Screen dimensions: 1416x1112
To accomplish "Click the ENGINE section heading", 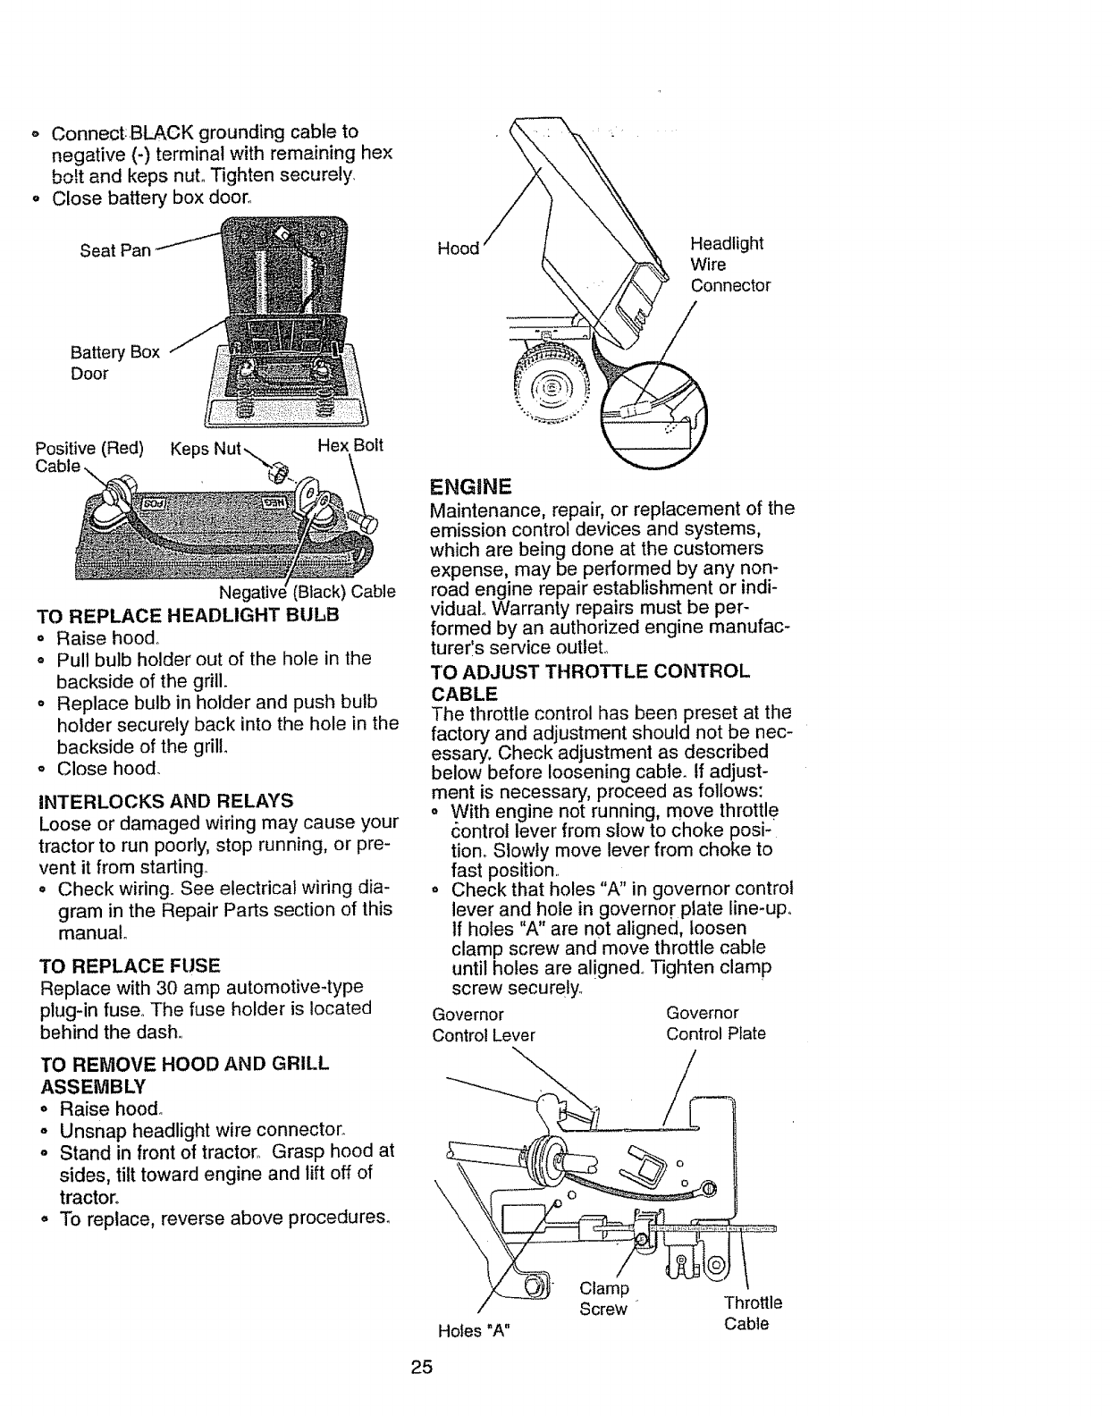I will tap(470, 487).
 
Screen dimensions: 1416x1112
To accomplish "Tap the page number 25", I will tap(422, 1367).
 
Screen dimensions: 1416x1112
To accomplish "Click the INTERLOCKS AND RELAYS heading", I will tap(165, 798).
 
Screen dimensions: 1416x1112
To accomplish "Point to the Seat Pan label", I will tap(115, 251).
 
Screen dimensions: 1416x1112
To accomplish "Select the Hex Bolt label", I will tap(350, 445).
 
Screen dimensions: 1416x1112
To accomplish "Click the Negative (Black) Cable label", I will tap(307, 592).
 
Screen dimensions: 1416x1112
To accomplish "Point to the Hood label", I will tap(458, 249).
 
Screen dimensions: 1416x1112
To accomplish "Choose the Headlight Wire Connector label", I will tap(729, 265).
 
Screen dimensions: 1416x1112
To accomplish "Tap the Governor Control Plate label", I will tap(715, 1024).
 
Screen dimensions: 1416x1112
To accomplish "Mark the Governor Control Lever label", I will tap(483, 1024).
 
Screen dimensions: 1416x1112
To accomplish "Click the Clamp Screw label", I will tap(605, 1299).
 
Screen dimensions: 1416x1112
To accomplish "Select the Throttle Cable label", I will tap(753, 1313).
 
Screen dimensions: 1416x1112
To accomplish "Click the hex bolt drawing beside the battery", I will tap(363, 515).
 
